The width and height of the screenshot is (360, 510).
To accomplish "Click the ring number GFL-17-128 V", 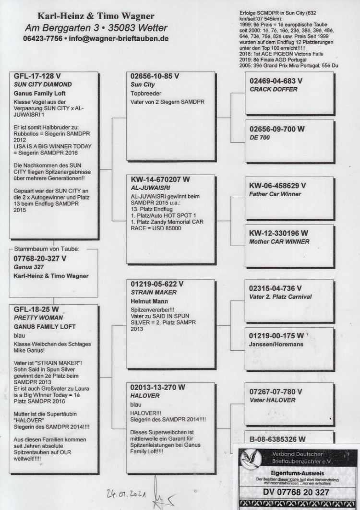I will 37,76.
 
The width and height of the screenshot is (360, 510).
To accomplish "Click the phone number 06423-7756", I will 42,38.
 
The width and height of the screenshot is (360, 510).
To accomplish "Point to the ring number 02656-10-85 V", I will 155,76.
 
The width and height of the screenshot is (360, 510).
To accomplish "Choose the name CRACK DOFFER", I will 273,89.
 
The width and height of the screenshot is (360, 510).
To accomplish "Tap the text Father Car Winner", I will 275,194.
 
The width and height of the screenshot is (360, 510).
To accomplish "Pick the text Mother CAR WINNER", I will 279,242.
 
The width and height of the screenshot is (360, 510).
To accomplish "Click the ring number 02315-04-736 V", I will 276,288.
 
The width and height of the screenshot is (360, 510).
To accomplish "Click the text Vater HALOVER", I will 273,400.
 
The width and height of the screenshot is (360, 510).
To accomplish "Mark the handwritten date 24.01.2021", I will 123,493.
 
